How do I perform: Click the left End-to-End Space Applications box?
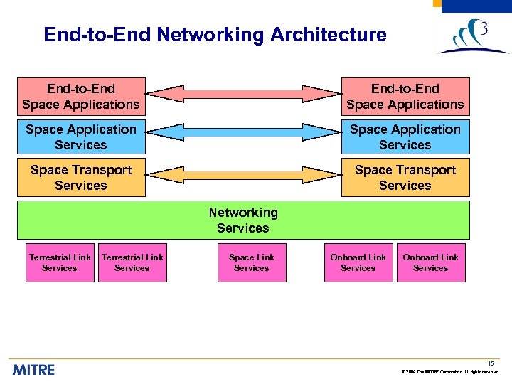coord(81,97)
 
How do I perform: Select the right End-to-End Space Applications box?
coord(405,97)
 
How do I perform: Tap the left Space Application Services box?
coord(81,137)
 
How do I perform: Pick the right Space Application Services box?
coord(405,137)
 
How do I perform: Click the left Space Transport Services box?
coord(81,178)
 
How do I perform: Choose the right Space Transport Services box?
coord(405,178)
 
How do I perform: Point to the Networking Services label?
coord(243,220)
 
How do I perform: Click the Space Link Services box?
coord(252,262)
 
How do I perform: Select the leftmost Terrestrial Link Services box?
coord(60,262)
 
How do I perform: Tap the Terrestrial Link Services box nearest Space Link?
coord(132,262)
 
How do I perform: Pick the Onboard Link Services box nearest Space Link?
coord(358,262)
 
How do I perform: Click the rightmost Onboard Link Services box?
coord(431,262)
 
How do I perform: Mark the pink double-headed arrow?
coord(243,92)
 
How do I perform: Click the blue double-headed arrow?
coord(243,132)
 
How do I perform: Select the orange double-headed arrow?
coord(243,174)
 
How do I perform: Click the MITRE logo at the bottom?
coord(33,370)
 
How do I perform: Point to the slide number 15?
coord(491,363)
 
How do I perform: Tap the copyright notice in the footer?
coord(450,372)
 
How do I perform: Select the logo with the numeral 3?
coord(472,37)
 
